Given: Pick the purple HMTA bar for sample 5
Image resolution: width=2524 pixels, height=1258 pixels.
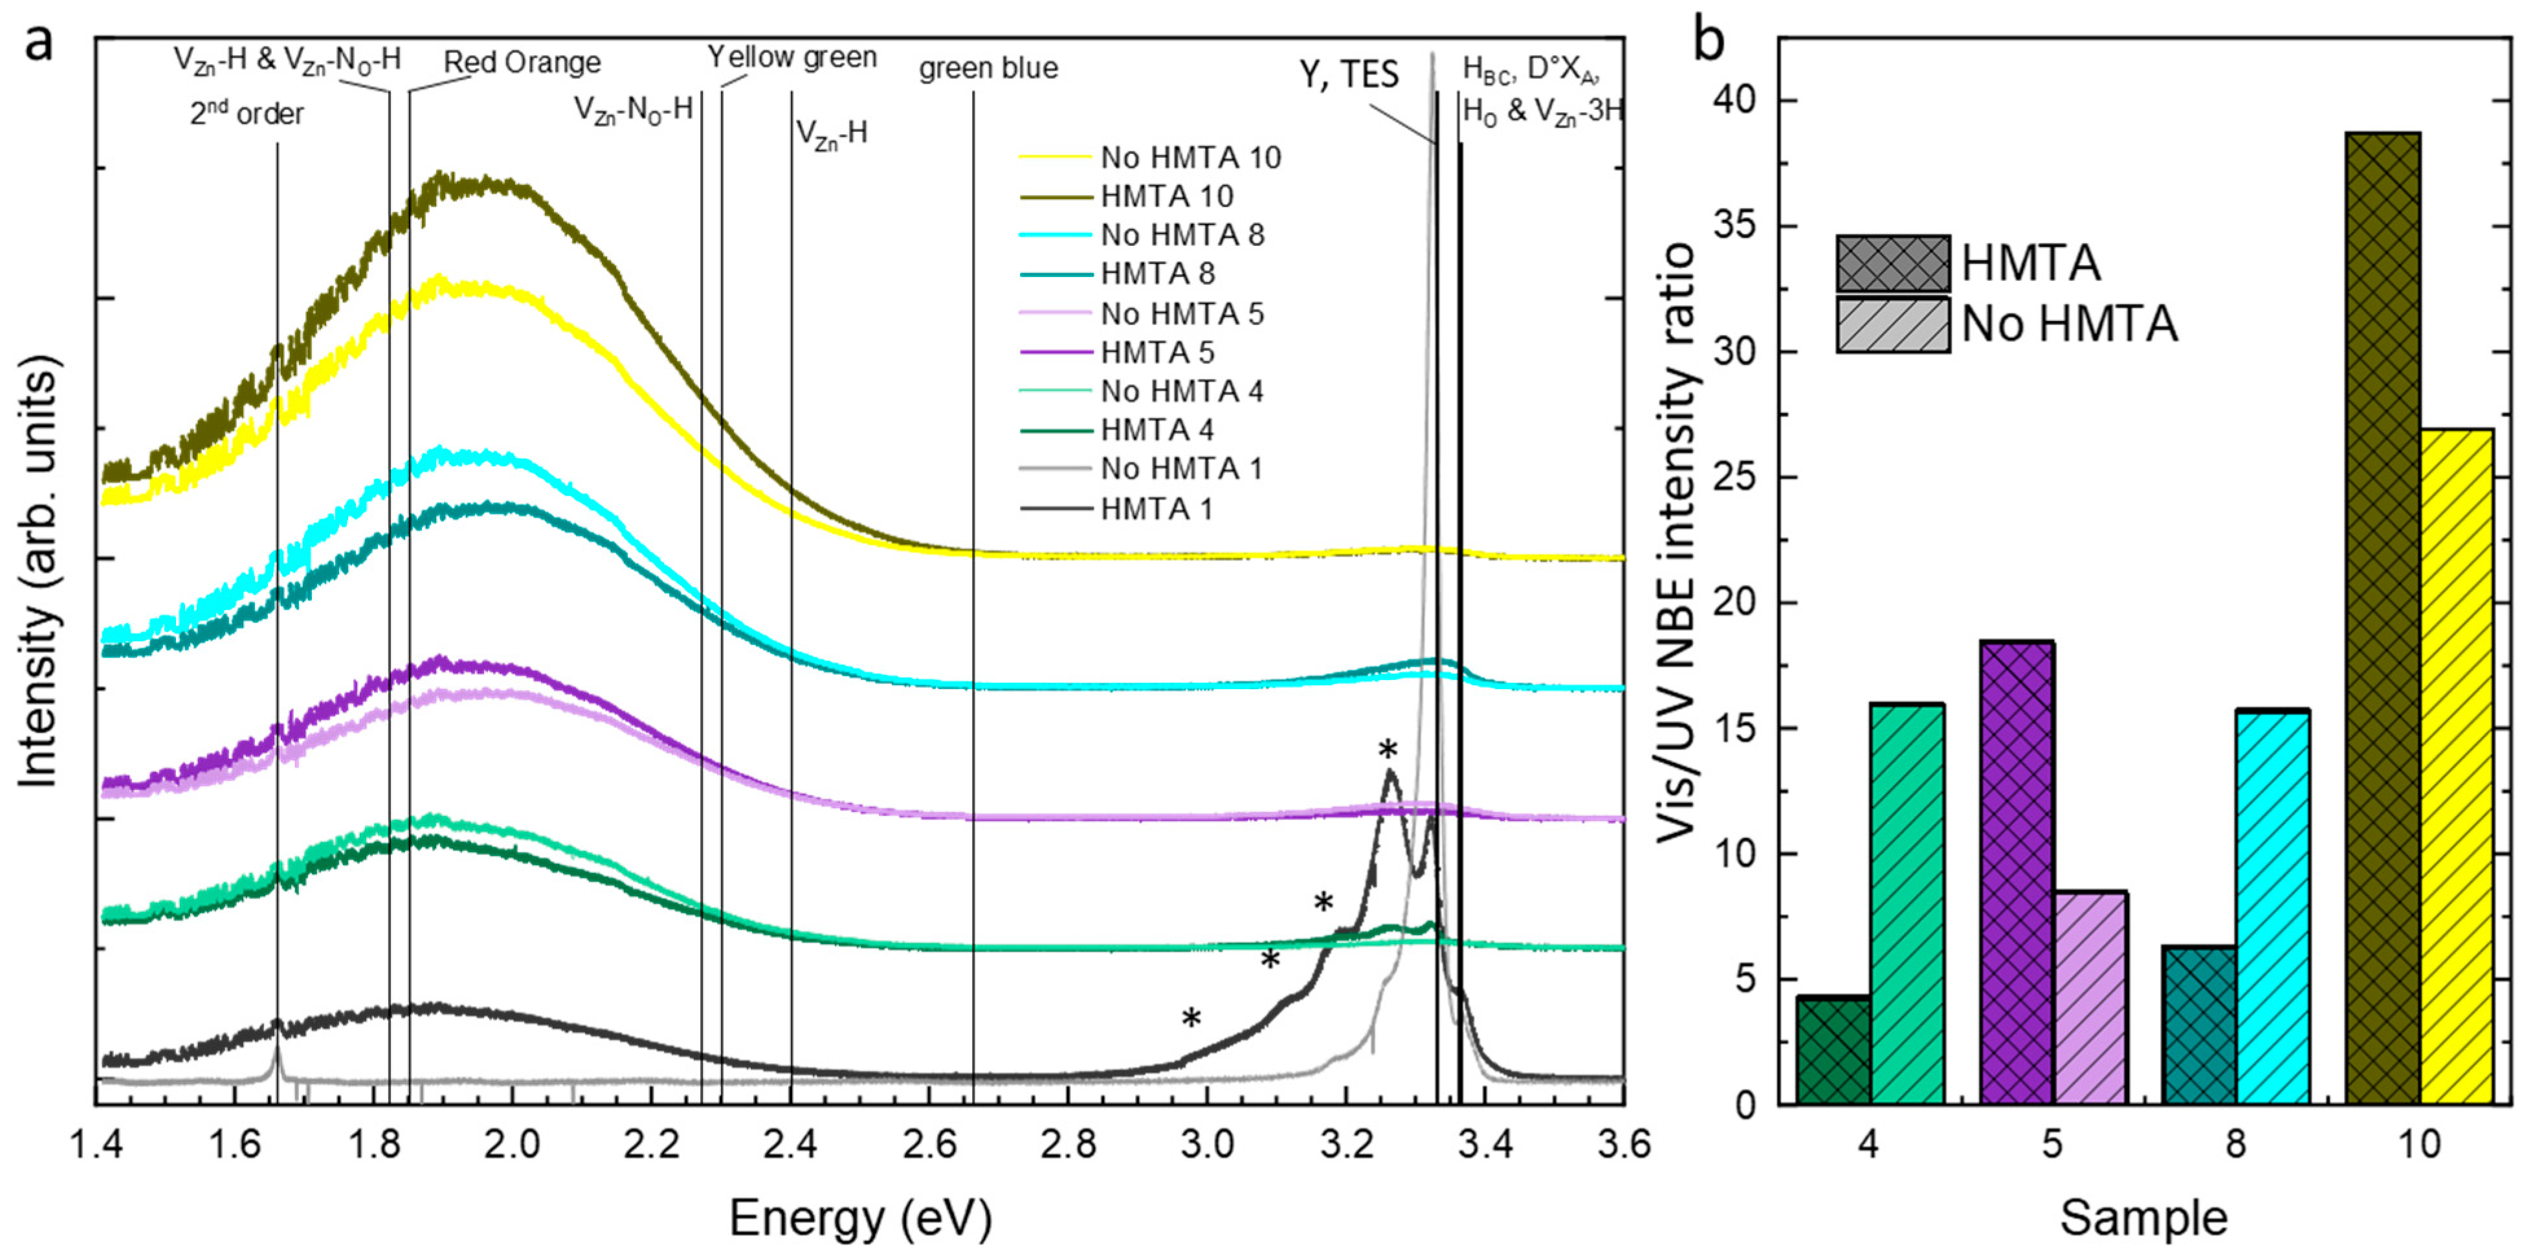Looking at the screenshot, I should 2017,872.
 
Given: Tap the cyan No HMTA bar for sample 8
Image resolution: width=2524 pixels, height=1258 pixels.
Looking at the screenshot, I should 2272,906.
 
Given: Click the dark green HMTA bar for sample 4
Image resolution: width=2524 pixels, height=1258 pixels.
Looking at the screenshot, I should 1832,1050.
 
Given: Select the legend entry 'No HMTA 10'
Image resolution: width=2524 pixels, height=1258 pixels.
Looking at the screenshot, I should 1190,158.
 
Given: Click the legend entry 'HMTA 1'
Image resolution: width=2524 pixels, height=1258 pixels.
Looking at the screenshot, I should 1156,509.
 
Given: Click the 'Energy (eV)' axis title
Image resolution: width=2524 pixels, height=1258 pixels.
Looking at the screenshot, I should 860,1218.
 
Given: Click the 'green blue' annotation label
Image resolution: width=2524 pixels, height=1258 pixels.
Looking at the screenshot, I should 988,69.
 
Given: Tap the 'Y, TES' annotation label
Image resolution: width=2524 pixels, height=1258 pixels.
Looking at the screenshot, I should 1349,74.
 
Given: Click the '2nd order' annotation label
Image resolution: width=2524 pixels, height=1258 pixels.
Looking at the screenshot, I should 247,115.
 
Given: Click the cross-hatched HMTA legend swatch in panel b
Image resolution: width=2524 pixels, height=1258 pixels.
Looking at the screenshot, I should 1892,263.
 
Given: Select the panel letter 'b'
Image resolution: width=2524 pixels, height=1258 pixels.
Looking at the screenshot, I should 1710,41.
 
